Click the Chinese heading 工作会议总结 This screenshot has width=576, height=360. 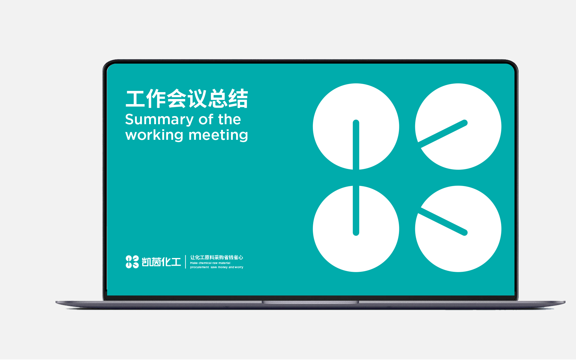187,99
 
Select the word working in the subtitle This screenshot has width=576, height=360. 154,135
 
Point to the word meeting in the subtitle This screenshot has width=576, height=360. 218,135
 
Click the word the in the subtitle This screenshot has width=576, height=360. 229,119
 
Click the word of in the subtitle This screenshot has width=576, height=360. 206,119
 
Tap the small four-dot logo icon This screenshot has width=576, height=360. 132,262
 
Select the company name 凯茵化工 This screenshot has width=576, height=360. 161,262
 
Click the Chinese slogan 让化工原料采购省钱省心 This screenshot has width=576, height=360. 217,257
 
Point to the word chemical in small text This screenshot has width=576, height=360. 205,263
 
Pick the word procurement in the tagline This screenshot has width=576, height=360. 199,267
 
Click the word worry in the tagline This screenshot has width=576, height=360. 239,267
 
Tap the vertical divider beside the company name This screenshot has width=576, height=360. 185,262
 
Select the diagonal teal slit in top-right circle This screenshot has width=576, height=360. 443,133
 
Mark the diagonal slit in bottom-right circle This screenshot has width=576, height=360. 443,222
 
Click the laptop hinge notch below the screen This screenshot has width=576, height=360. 310,302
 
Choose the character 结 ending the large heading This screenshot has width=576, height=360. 238,99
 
